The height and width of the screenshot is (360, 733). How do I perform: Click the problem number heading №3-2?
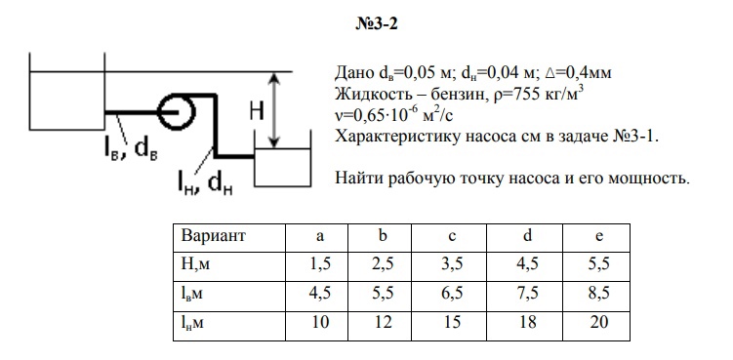[377, 23]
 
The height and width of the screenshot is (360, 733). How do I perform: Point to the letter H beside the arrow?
[257, 111]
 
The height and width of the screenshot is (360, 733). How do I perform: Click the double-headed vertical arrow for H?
[275, 110]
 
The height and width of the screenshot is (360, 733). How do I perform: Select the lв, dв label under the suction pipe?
[130, 149]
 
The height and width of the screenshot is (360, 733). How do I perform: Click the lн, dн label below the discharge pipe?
[205, 182]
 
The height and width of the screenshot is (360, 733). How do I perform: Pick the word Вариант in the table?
[213, 236]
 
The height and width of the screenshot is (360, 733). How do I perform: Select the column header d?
[527, 236]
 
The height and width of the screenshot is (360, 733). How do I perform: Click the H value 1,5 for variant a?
[320, 264]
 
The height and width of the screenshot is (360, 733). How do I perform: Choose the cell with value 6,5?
[452, 294]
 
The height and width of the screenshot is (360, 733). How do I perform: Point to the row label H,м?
[195, 265]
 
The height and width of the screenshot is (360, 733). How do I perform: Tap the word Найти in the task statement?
[359, 178]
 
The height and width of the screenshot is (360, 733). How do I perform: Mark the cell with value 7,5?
[527, 294]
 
